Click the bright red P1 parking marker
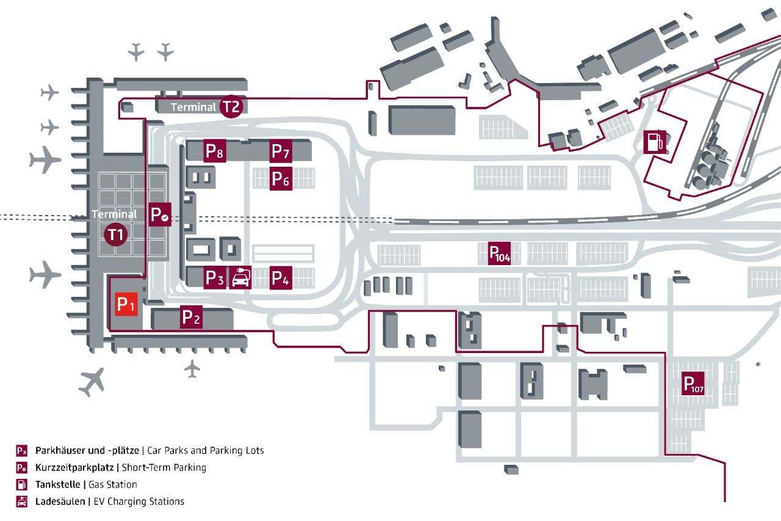point(125,304)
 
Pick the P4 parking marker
point(281,278)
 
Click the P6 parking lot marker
point(281,179)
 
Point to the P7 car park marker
point(281,151)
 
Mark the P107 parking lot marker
point(693,384)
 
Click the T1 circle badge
point(116,235)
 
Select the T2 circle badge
point(231,106)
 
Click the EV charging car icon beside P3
point(240,278)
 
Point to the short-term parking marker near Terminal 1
point(160,214)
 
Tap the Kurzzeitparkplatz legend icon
point(21,468)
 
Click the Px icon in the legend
point(21,451)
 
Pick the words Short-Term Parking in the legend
point(164,468)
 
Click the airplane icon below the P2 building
point(192,368)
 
